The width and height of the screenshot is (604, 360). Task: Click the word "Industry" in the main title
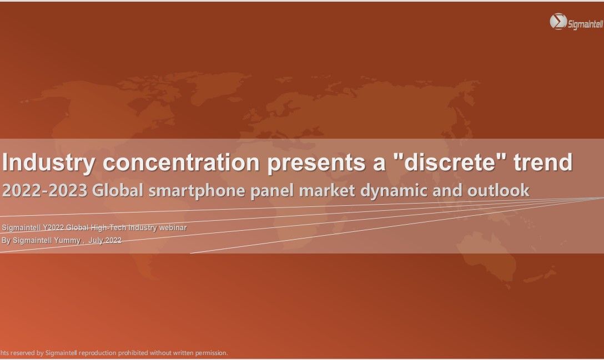coord(48,163)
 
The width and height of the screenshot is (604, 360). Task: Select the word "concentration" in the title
coord(181,162)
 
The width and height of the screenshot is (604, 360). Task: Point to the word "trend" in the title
coord(543,162)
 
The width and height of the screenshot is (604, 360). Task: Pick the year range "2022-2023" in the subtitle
coord(44,190)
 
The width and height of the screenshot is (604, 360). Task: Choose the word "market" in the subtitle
coord(327,190)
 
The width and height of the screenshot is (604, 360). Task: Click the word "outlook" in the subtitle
coord(499,190)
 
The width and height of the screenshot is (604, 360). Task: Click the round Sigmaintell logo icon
coord(558,22)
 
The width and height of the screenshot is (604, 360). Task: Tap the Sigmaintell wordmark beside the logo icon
coord(585,24)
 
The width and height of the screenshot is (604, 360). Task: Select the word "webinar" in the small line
coord(173,227)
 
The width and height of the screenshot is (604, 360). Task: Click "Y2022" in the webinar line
coord(53,227)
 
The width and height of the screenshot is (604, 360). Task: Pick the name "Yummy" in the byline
coord(67,241)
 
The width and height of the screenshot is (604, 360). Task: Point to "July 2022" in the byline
coord(105,240)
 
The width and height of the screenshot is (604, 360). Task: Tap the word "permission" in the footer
coord(211,353)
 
